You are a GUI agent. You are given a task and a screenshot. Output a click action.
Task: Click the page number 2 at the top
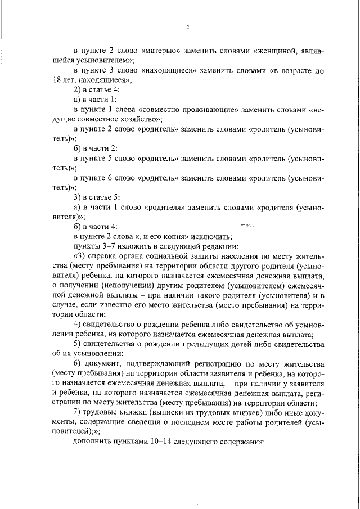coord(187,27)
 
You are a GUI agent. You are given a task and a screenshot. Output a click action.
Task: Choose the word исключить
coord(211,236)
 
